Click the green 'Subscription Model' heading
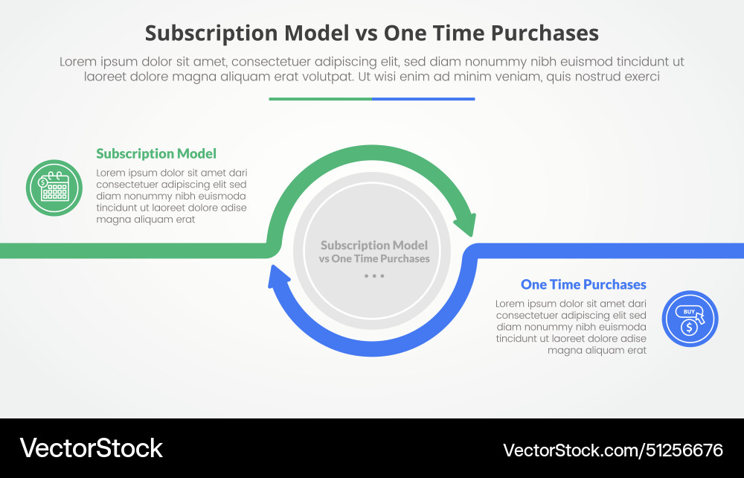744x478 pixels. pos(156,154)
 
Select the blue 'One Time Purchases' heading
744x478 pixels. pos(583,284)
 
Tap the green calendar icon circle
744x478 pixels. pos(54,188)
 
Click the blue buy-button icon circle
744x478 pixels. pos(690,319)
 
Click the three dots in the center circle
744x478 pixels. pos(374,276)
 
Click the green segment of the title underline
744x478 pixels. pos(320,98)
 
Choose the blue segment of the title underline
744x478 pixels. pos(423,98)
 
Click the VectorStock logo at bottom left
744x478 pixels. pos(91,447)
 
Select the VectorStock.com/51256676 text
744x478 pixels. pos(612,450)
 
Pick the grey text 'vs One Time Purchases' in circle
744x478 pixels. pos(374,259)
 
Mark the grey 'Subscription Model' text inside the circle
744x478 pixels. pos(374,245)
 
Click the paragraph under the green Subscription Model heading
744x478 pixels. pos(171,196)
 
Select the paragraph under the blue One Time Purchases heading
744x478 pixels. pos(571,327)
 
